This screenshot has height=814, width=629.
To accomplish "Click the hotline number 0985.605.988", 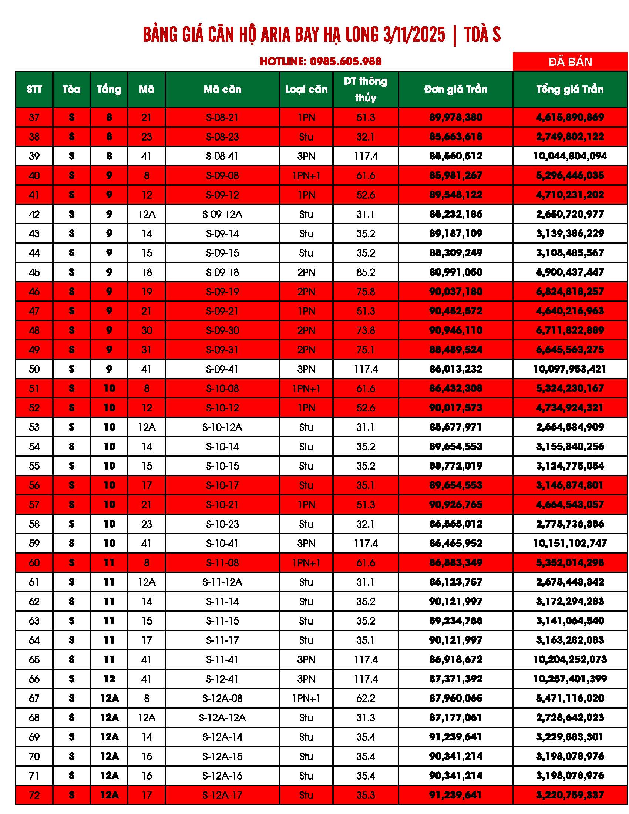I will click(x=346, y=61).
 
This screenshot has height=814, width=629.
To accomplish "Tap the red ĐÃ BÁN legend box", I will click(x=570, y=61).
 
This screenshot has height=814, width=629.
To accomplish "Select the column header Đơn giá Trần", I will click(x=455, y=90).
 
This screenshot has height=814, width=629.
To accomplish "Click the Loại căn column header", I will click(x=306, y=90).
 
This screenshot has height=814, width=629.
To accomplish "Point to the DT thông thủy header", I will click(x=365, y=90).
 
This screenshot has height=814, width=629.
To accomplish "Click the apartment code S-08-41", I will click(x=222, y=156).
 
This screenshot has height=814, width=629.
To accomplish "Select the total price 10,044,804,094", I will click(x=570, y=156).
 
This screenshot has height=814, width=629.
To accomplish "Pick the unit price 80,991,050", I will click(x=455, y=272).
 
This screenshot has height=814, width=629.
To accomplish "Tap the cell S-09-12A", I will click(x=222, y=214).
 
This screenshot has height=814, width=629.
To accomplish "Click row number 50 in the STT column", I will click(x=34, y=369).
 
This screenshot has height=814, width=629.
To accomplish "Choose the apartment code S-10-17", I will click(x=222, y=485).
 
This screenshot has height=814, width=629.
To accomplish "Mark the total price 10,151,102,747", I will click(x=570, y=544).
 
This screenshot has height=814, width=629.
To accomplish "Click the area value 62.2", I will click(x=365, y=698).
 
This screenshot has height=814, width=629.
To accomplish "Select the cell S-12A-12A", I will click(x=222, y=717).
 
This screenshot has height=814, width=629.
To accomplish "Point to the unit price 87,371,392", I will click(x=455, y=679).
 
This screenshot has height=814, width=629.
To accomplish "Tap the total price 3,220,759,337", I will click(x=570, y=795).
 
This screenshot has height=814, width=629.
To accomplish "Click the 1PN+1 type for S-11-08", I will click(x=306, y=563).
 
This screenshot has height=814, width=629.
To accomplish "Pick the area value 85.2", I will click(x=365, y=272).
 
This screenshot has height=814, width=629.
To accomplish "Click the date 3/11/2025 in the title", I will click(x=414, y=35).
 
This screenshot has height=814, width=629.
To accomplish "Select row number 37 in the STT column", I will click(x=34, y=117).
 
